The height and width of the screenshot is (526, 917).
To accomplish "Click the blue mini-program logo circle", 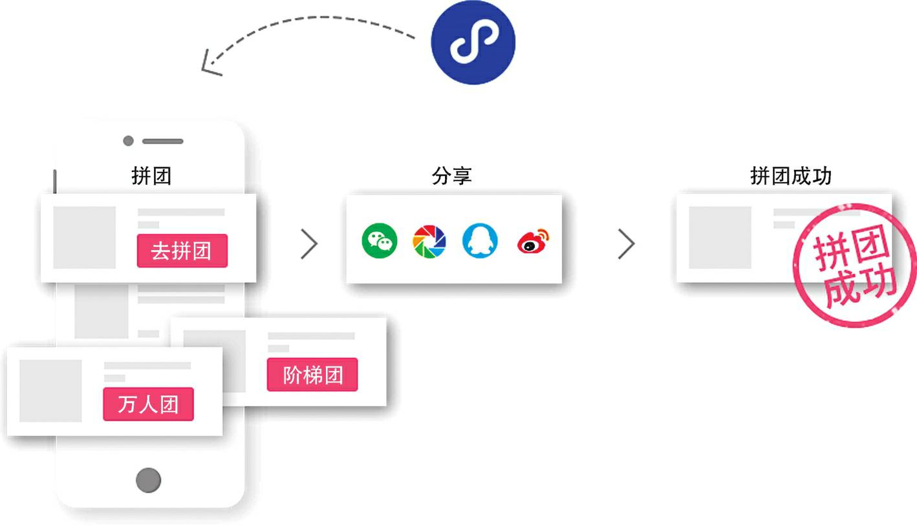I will [473, 42].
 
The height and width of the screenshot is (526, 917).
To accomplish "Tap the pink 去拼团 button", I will [182, 250].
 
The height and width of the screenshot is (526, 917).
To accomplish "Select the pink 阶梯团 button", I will [312, 375].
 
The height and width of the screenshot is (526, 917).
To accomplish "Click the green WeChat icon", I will [379, 241].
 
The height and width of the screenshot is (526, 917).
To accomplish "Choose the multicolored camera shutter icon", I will [429, 241].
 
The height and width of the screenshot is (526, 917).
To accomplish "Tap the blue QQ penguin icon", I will [480, 241].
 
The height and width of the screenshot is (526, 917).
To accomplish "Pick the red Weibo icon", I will [533, 242].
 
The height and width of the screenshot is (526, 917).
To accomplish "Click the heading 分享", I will [451, 176].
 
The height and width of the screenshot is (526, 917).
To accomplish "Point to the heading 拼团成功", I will [790, 176].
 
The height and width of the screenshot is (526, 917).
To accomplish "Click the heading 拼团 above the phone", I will [151, 176].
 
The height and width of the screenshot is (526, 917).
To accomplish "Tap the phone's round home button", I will [149, 480].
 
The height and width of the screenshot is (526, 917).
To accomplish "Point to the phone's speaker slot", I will [163, 141].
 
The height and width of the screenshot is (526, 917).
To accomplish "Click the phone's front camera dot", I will [128, 141].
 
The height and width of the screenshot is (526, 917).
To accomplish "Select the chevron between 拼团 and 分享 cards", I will [310, 244].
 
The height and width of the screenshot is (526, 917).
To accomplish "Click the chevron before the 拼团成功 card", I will [626, 244].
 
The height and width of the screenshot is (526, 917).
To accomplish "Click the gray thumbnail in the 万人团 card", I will [50, 391].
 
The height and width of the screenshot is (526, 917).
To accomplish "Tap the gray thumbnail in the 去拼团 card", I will [84, 237].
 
